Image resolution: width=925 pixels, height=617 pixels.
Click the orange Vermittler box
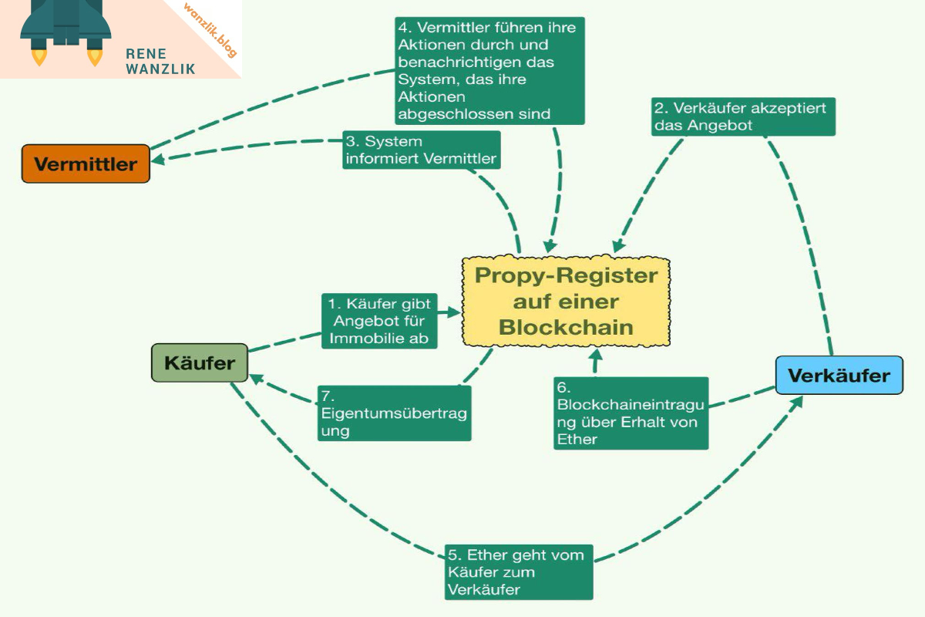(x=86, y=164)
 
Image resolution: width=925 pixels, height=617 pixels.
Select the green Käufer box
(x=199, y=362)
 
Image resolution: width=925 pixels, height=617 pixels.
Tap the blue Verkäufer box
(x=839, y=376)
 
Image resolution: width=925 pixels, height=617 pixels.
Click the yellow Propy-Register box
(x=566, y=302)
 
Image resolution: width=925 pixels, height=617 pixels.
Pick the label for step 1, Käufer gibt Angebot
(x=378, y=321)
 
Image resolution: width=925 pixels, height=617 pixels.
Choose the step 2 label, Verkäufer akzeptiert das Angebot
(x=742, y=116)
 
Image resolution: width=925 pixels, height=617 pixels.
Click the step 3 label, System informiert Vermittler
(x=421, y=151)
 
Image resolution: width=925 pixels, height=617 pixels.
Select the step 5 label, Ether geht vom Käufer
(x=519, y=571)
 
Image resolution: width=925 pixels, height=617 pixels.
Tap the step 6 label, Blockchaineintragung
(x=630, y=413)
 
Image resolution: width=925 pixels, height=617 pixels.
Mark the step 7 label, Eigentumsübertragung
(x=394, y=413)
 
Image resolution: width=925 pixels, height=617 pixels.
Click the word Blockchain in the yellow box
(x=566, y=326)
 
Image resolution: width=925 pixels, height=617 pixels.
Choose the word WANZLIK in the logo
(x=160, y=69)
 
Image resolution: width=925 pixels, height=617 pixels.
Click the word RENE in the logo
(x=143, y=53)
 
